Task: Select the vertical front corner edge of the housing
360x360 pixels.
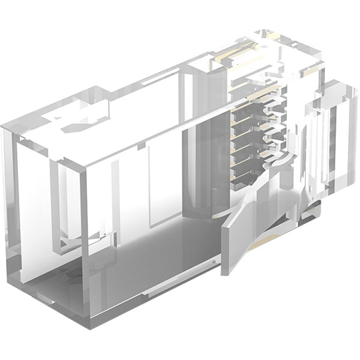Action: click(x=84, y=240)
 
